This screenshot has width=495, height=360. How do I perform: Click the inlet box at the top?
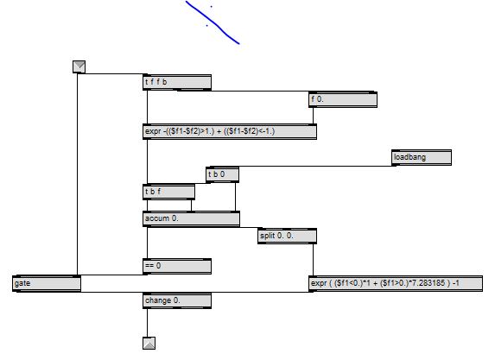79,66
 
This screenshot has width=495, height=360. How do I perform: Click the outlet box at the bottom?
149,343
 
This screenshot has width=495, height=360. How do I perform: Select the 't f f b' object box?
177,82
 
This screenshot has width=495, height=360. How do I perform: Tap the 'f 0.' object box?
343,99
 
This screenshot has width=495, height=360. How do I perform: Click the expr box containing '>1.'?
230,131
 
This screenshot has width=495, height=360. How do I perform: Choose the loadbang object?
422,157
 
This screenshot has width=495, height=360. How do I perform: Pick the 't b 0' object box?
222,174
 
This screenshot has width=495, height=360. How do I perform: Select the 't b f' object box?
168,192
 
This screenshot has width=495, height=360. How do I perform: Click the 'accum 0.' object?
191,218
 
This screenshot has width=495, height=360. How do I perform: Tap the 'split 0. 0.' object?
287,236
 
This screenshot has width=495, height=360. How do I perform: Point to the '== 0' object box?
177,266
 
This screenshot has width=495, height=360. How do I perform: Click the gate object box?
47,283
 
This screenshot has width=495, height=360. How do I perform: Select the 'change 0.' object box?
177,300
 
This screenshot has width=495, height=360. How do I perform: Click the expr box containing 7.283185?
396,283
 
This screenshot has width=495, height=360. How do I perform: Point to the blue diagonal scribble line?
213,22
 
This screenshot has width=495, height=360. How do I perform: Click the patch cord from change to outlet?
147,323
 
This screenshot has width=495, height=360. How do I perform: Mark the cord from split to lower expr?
314,260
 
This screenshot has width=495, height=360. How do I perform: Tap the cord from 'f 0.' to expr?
314,116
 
